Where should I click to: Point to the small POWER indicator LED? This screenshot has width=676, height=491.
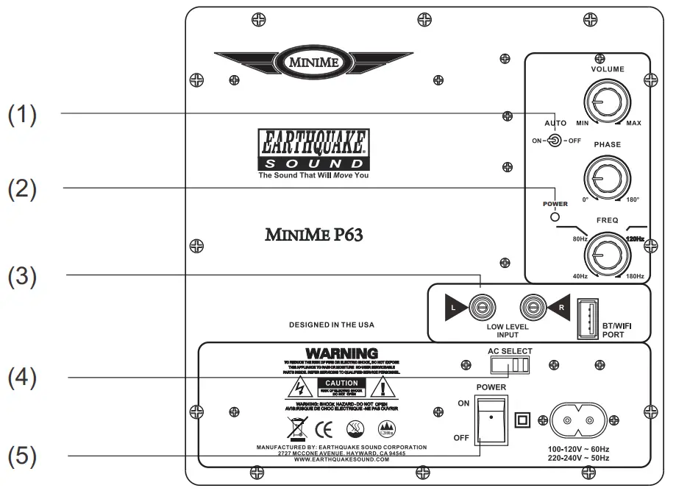tap(555, 216)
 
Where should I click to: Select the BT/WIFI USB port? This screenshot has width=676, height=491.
tap(587, 318)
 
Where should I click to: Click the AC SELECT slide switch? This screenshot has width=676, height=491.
tap(510, 366)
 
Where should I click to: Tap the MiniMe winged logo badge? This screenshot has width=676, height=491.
tap(314, 62)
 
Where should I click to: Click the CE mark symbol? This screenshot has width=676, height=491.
tap(323, 427)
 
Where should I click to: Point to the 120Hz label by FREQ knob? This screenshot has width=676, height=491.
tap(634, 239)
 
